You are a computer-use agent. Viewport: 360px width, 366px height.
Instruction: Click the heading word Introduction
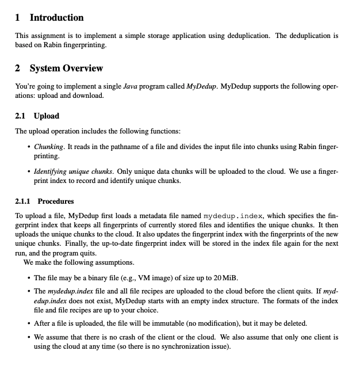pyautogui.click(x=56, y=18)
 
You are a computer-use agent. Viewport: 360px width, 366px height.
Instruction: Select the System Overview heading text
pyautogui.click(x=66, y=68)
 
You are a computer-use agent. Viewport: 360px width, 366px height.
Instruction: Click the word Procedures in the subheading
pyautogui.click(x=56, y=201)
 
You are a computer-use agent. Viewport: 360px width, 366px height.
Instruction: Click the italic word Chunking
pyautogui.click(x=49, y=147)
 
